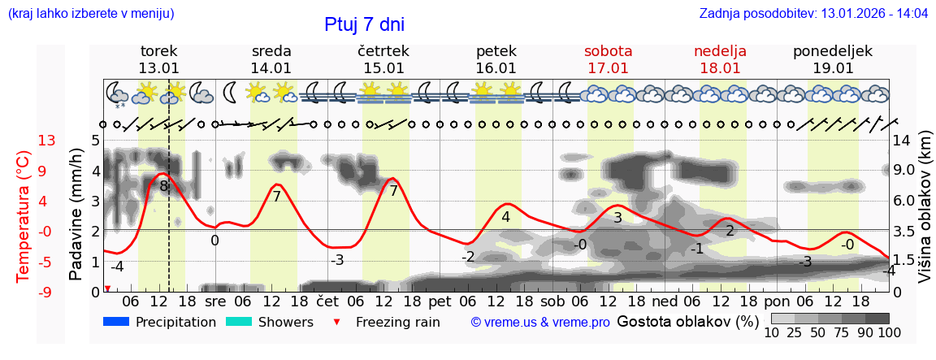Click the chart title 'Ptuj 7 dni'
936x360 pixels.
pyautogui.click(x=364, y=24)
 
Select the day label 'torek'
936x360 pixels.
pyautogui.click(x=158, y=51)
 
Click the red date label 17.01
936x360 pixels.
pyautogui.click(x=608, y=68)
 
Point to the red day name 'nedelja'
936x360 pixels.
pyautogui.click(x=720, y=51)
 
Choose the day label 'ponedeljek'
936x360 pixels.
pyautogui.click(x=832, y=51)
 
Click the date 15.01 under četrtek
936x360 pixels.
pyautogui.click(x=383, y=68)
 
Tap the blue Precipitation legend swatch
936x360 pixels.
pyautogui.click(x=116, y=322)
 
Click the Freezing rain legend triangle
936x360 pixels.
pyautogui.click(x=337, y=323)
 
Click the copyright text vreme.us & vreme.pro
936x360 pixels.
pyautogui.click(x=540, y=323)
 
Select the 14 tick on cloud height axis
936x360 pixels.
pyautogui.click(x=902, y=141)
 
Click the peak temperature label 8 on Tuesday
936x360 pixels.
pyautogui.click(x=163, y=186)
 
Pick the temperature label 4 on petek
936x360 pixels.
pyautogui.click(x=505, y=217)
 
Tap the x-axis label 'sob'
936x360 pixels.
pyautogui.click(x=552, y=301)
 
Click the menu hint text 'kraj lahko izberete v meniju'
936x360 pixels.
pyautogui.click(x=90, y=14)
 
